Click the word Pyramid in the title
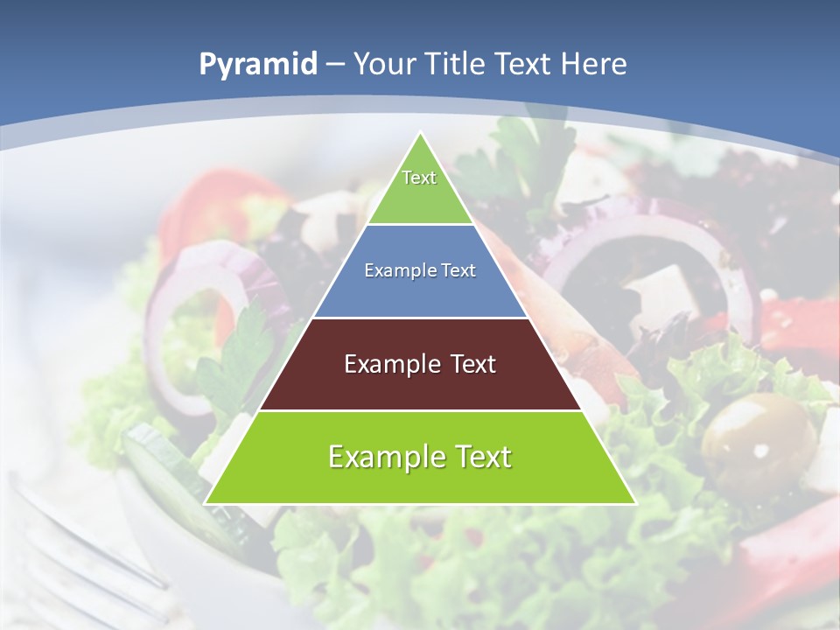(x=257, y=64)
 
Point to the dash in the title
(x=334, y=65)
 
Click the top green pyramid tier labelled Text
(x=420, y=188)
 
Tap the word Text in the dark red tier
(x=465, y=364)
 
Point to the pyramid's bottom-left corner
(x=206, y=502)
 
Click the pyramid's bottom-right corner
(x=634, y=502)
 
